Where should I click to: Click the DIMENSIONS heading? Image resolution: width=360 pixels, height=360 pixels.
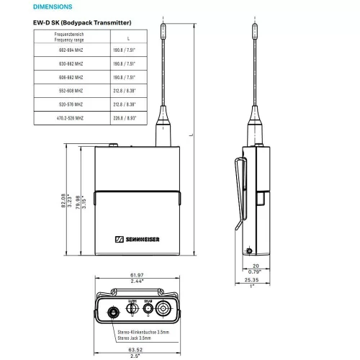click(53, 6)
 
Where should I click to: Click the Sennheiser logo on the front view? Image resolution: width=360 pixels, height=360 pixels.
click(137, 240)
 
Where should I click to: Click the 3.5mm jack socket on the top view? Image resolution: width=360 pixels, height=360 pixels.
click(113, 312)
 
